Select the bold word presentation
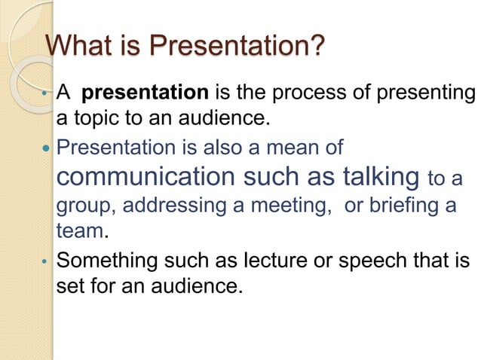(x=144, y=93)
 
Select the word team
(x=80, y=230)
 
